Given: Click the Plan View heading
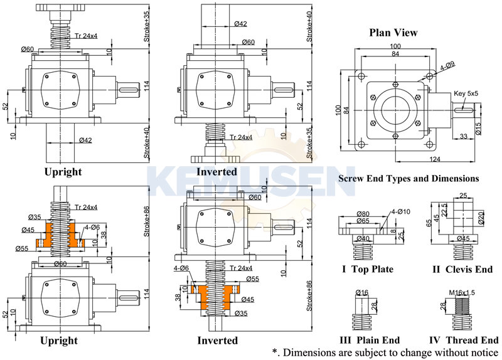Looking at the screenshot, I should (393, 33).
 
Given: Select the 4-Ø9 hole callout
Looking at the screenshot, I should (447, 65).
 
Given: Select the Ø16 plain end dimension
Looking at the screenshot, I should (361, 293).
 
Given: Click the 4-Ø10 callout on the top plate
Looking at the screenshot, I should (400, 212).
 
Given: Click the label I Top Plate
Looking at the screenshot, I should (368, 270).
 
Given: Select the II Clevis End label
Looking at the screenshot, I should (464, 270).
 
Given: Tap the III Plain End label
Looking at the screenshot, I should (370, 340).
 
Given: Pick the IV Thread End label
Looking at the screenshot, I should (464, 340).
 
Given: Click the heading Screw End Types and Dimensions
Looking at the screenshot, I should (409, 179).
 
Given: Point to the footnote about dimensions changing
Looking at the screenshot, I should (384, 352).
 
